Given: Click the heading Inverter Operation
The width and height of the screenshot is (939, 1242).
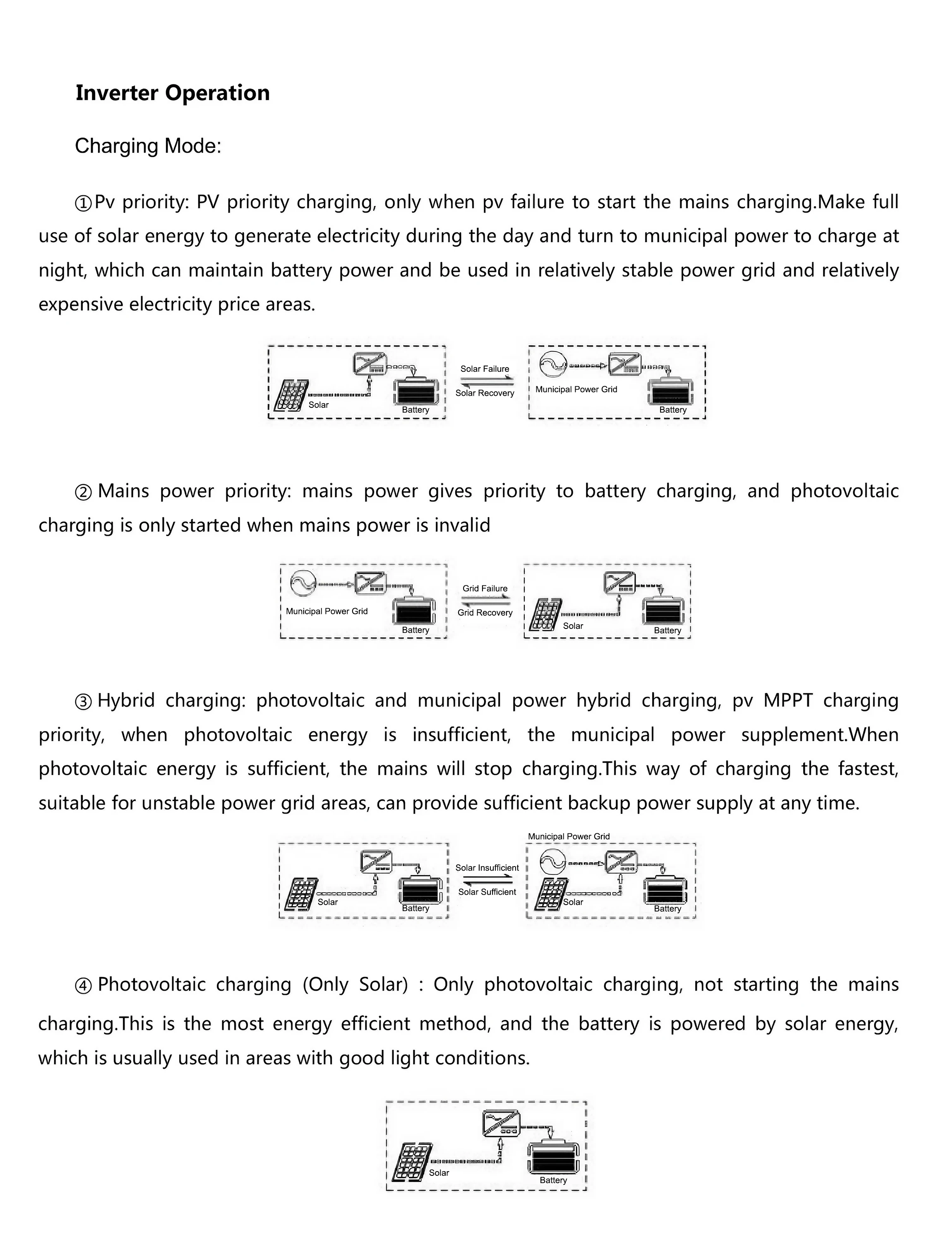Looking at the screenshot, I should pos(172,93).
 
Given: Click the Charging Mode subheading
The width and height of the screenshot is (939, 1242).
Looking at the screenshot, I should pos(148,146).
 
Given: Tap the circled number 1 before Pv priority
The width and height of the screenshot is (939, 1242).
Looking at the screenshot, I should pos(83,203).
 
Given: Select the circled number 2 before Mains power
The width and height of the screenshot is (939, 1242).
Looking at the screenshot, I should pos(83,492).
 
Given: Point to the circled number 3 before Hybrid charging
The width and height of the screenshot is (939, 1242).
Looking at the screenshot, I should pos(83,702).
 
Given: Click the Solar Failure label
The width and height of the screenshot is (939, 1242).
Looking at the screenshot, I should pos(484,369).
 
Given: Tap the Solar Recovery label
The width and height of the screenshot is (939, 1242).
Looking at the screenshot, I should pos(484,393).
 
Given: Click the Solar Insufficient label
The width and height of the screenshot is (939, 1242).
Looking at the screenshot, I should pos(487,867).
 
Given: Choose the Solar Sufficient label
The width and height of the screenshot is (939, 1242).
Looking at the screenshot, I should pos(487,892).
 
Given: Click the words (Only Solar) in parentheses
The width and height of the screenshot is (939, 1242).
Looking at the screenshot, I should pos(355,985).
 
